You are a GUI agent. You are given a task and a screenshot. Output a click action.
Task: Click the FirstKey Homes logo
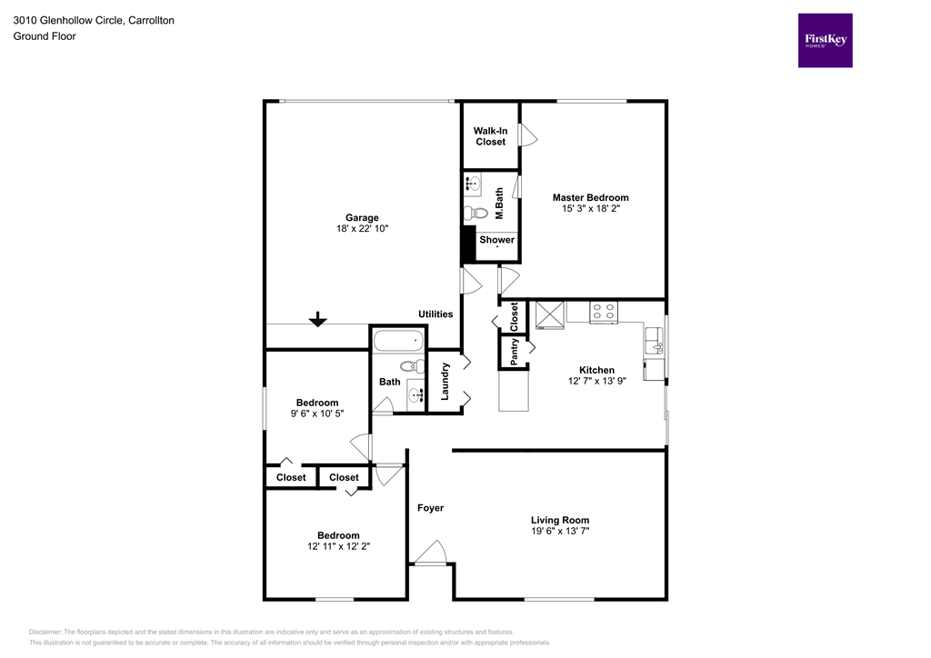pos(825,40)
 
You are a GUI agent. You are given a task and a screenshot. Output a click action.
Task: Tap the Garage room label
pos(362,217)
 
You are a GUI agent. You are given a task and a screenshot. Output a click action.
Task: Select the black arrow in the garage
pos(317,319)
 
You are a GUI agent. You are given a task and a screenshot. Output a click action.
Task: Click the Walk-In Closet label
pos(490,136)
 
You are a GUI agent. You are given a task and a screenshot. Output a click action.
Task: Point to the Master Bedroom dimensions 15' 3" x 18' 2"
pos(590,209)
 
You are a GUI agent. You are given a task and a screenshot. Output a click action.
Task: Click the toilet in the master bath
pos(472,214)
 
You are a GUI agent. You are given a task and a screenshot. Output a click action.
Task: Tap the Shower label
pos(496,240)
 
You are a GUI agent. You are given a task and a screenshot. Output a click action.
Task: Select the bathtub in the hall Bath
pos(398,342)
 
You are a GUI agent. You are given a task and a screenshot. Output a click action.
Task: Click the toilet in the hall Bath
pos(413,366)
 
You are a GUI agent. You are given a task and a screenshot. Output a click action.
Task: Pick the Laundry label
pos(445,381)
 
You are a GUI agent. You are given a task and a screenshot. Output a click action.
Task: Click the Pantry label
pos(515,352)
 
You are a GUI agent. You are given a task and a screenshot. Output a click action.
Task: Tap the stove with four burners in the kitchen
pos(603,312)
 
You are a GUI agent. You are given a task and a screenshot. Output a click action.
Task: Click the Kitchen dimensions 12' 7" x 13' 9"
pos(596,383)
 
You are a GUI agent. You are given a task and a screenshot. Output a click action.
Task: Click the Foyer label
pos(430,507)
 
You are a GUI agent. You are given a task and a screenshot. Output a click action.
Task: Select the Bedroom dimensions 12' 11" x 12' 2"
pos(337,547)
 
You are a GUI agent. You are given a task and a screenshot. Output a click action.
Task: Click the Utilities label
pos(435,314)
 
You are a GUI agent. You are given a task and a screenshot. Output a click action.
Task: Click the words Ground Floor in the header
pos(45,36)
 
